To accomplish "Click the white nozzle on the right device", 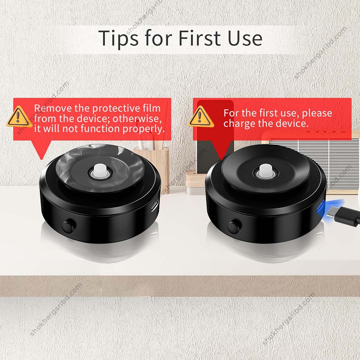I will click(x=265, y=170).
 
